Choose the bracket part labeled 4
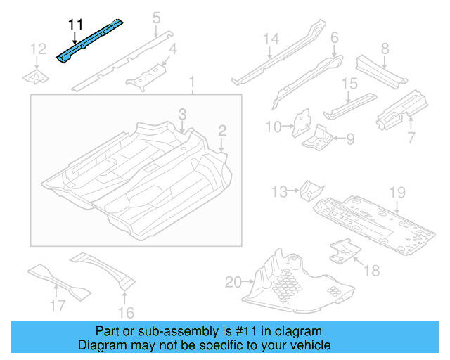[x=145, y=77]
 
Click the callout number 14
[x=271, y=39]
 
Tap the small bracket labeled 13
[x=310, y=190]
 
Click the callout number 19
[x=398, y=192]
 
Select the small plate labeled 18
[x=342, y=251]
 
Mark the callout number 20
[x=232, y=283]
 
